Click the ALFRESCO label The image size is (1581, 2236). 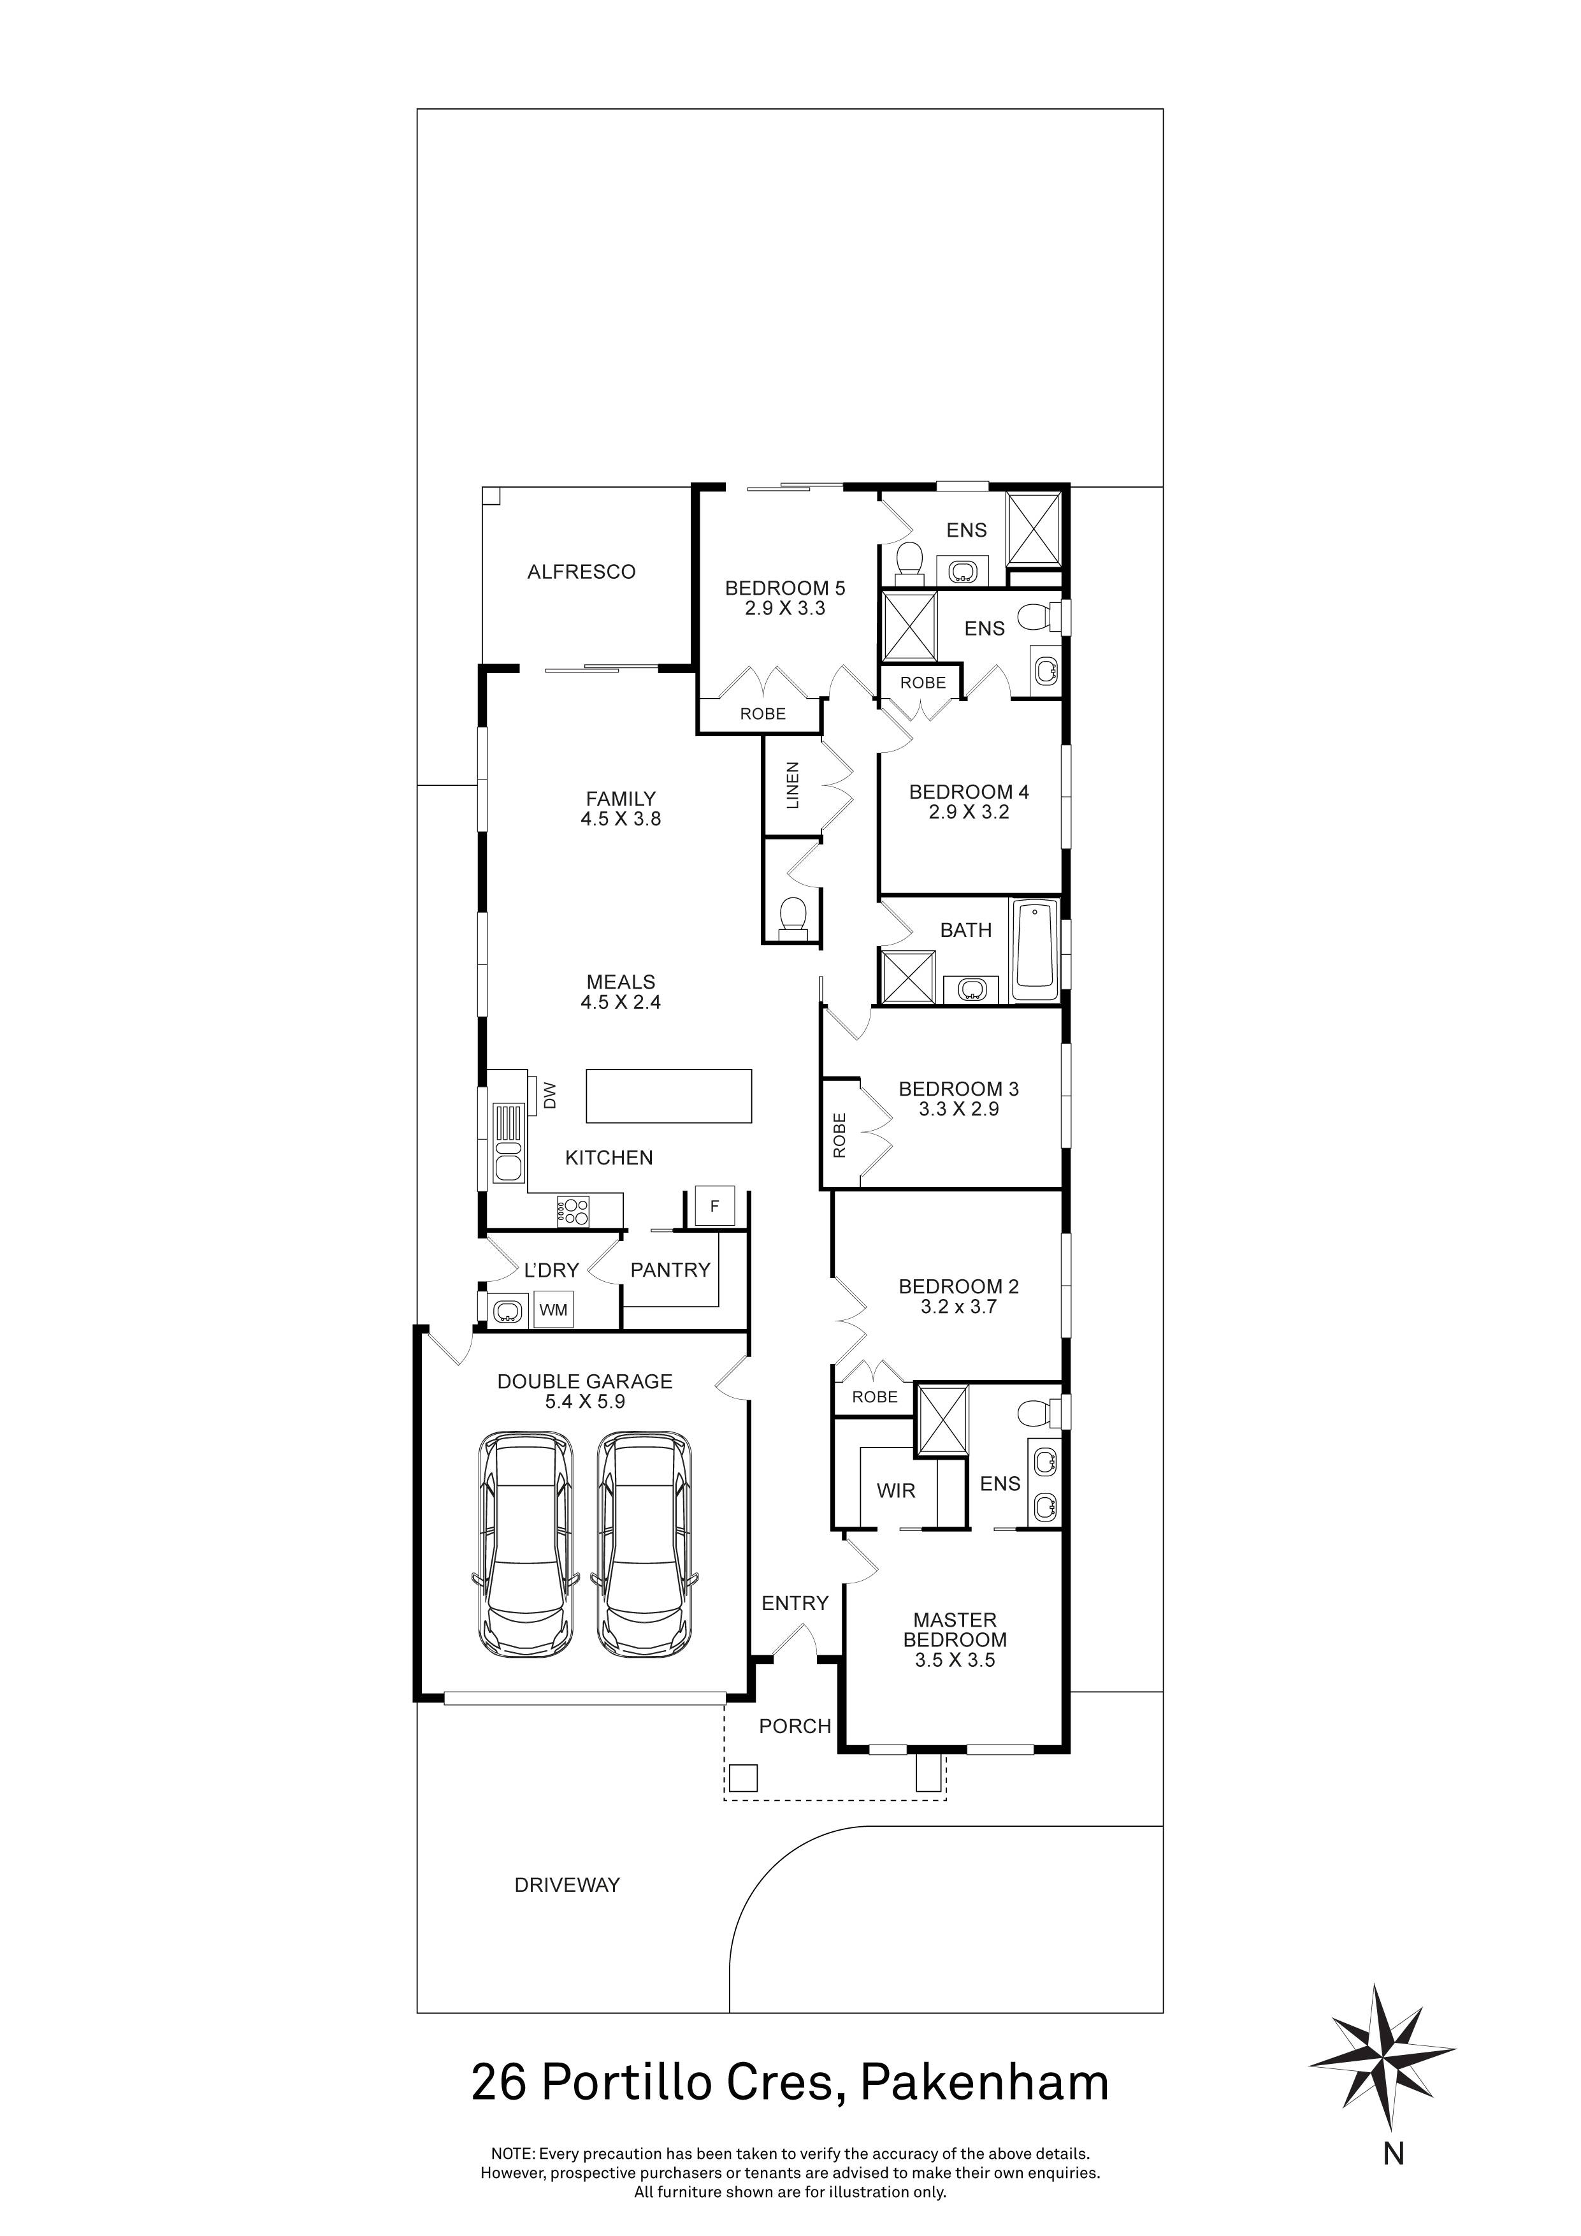coord(581,572)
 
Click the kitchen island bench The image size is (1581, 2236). coord(669,1096)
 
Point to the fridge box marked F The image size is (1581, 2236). coord(714,1207)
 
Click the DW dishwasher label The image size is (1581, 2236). coord(550,1096)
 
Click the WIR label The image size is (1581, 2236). coord(895,1491)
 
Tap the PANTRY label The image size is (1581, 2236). coord(670,1270)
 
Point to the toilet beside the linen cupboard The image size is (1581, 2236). coord(793,915)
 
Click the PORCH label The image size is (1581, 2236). coord(795,1725)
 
